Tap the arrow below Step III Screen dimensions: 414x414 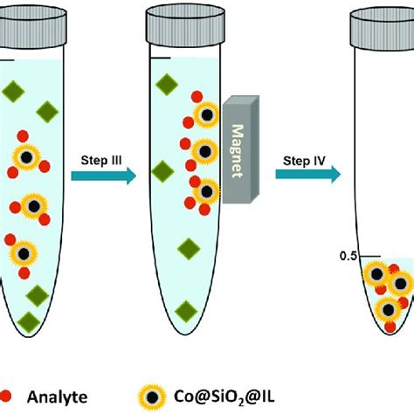[x=103, y=176]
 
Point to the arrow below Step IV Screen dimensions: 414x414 [x=307, y=175]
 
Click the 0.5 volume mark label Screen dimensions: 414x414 [x=348, y=256]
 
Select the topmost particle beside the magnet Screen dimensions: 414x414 [x=208, y=114]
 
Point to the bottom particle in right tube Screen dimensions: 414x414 [x=385, y=307]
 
